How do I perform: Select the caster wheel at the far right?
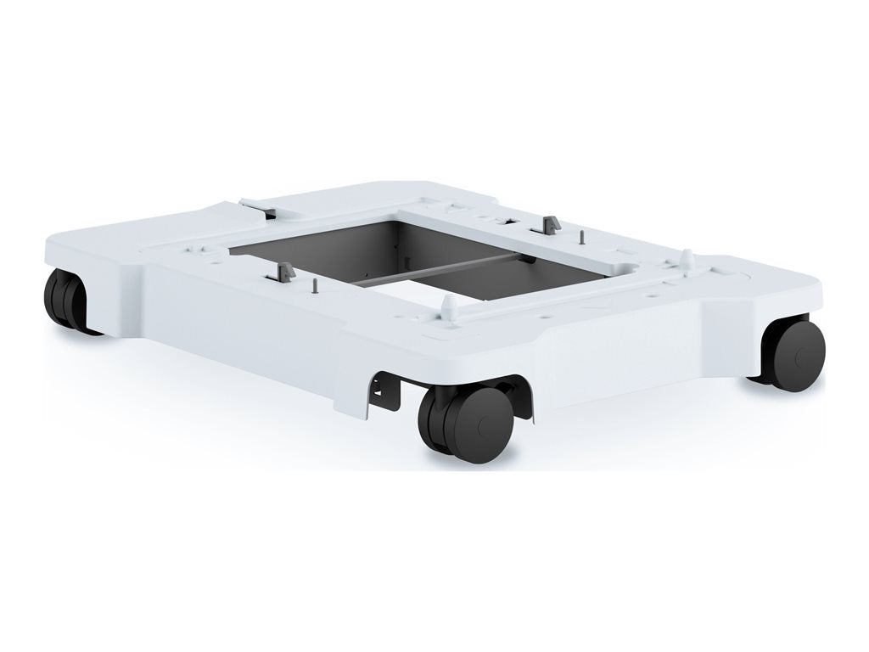coord(793,354)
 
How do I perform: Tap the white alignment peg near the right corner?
coord(686,256)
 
